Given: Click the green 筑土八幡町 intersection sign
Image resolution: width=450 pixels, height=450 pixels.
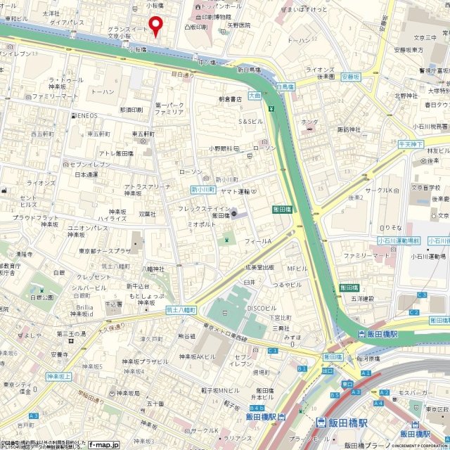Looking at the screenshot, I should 179,309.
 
